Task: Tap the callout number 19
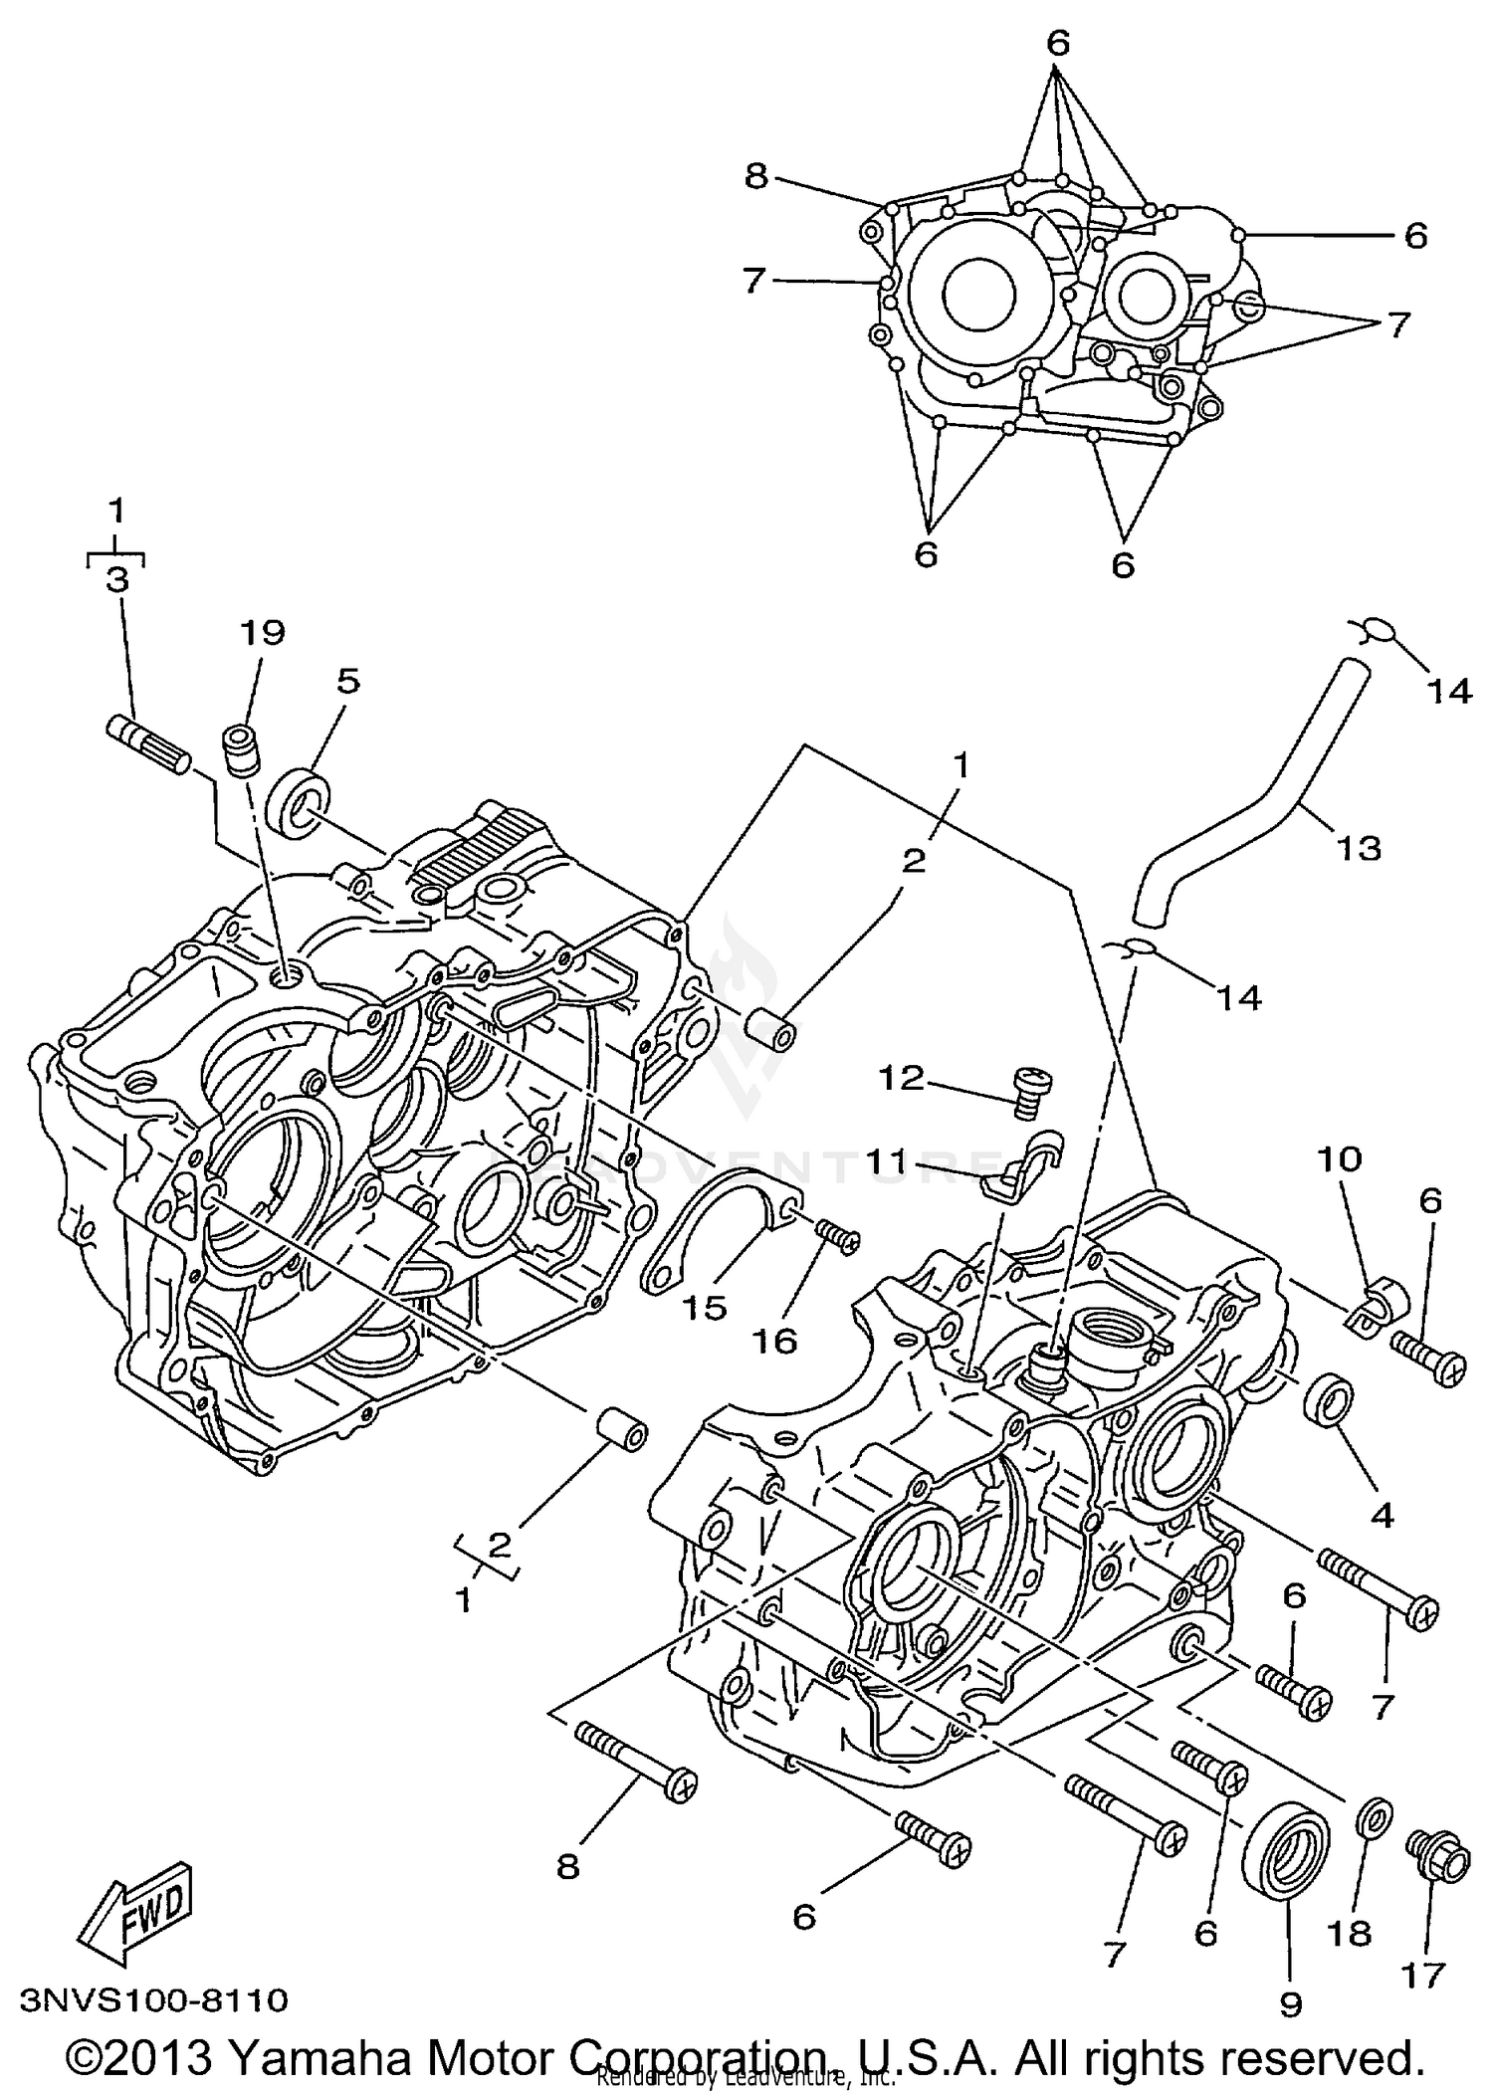pos(263,633)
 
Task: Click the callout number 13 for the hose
pos(1359,849)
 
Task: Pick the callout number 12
pos(901,1079)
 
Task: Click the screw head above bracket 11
pos(1031,1088)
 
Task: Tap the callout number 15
pos(704,1308)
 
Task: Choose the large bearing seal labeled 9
pos(1286,1853)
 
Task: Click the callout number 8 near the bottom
pos(567,1867)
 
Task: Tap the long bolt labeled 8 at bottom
pos(636,1761)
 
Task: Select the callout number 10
pos(1340,1158)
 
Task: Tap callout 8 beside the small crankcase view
pos(756,177)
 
